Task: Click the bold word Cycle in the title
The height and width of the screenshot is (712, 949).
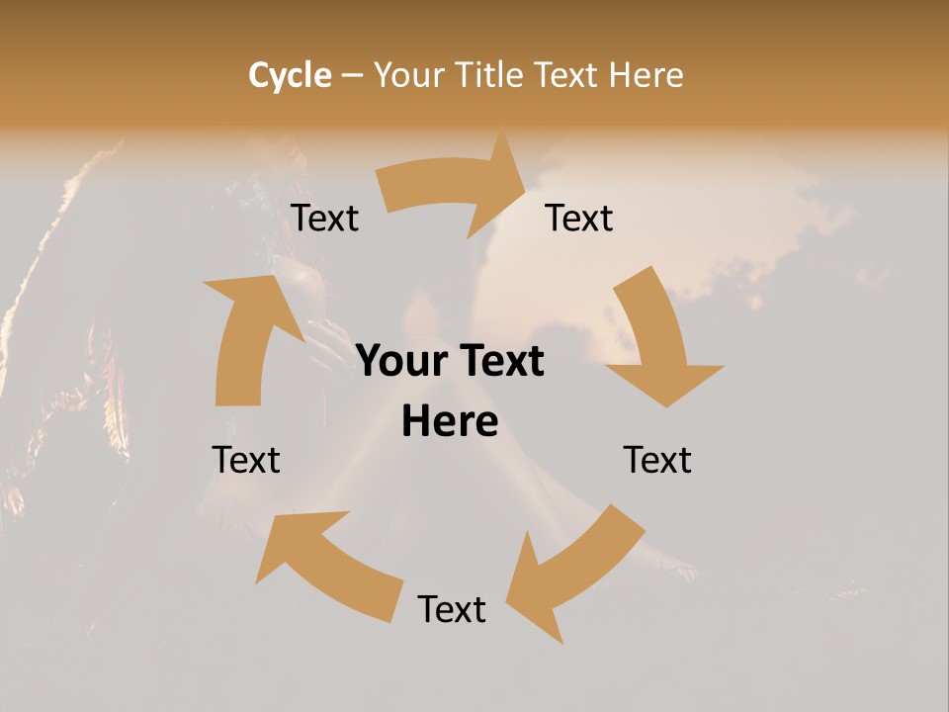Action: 290,75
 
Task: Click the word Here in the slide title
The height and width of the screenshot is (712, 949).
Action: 646,75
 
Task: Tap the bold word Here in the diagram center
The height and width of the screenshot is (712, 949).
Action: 450,422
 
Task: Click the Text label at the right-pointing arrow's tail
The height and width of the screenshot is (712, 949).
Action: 325,219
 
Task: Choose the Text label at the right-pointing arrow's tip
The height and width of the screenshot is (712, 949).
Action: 579,219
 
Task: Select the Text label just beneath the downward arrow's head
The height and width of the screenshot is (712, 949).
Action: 657,460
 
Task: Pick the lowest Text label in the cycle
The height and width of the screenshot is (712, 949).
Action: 452,609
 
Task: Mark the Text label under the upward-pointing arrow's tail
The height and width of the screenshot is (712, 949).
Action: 246,460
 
